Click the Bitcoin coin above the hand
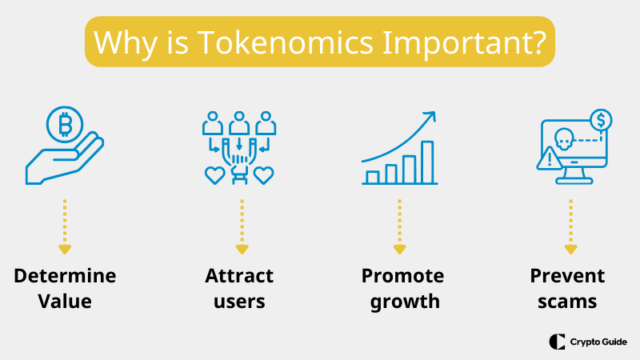click(x=65, y=124)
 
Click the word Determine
click(x=65, y=276)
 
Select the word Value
click(x=65, y=302)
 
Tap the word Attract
click(x=239, y=276)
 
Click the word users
click(x=239, y=302)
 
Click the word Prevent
click(x=570, y=276)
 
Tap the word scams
click(x=570, y=302)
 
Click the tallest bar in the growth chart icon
click(x=427, y=162)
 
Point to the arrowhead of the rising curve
click(x=430, y=117)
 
